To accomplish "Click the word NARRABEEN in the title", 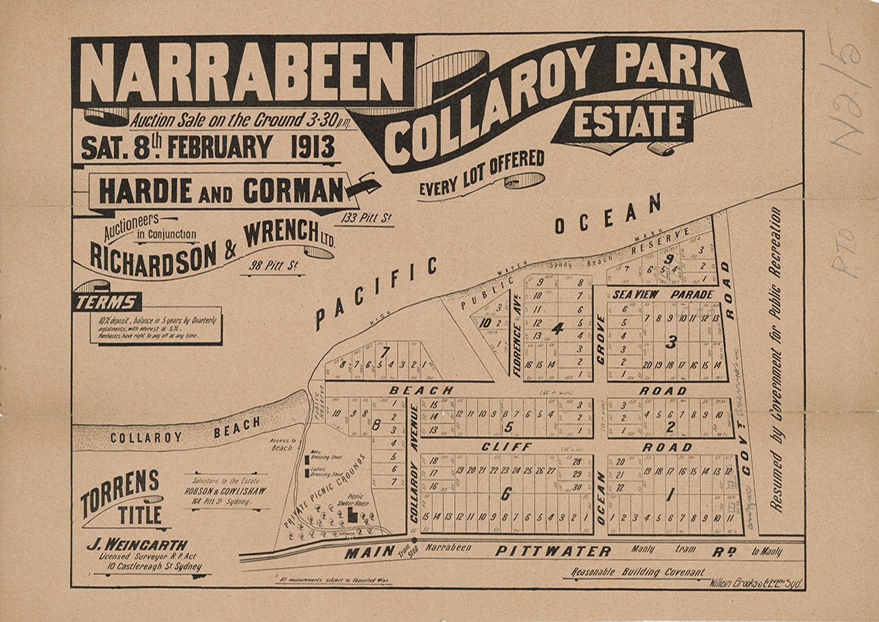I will (x=242, y=72).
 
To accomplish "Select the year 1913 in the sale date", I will (x=312, y=147).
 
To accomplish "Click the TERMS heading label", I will (x=108, y=302).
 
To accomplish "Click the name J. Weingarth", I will (x=137, y=545).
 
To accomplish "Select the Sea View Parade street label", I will (x=664, y=294).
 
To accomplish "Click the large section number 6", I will (x=505, y=495).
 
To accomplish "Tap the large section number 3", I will (x=671, y=341).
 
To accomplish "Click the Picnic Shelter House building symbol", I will (x=352, y=516).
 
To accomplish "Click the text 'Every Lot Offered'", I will (x=481, y=174).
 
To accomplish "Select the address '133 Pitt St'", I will (x=365, y=217).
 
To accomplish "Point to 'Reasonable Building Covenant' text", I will (x=634, y=572).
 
